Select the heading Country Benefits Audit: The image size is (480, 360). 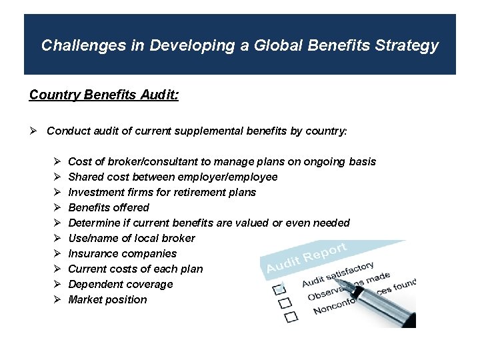pyautogui.click(x=103, y=95)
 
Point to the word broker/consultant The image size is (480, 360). pyautogui.click(x=158, y=162)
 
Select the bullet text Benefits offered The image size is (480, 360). pyautogui.click(x=109, y=208)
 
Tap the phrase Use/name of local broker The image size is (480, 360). pyautogui.click(x=131, y=239)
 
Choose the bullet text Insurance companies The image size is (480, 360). pyautogui.click(x=122, y=254)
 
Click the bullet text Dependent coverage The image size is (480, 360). pyautogui.click(x=120, y=285)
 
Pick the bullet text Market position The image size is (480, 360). pyautogui.click(x=107, y=300)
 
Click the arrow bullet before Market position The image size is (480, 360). pyautogui.click(x=57, y=300)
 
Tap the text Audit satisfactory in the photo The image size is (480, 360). pyautogui.click(x=337, y=275)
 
